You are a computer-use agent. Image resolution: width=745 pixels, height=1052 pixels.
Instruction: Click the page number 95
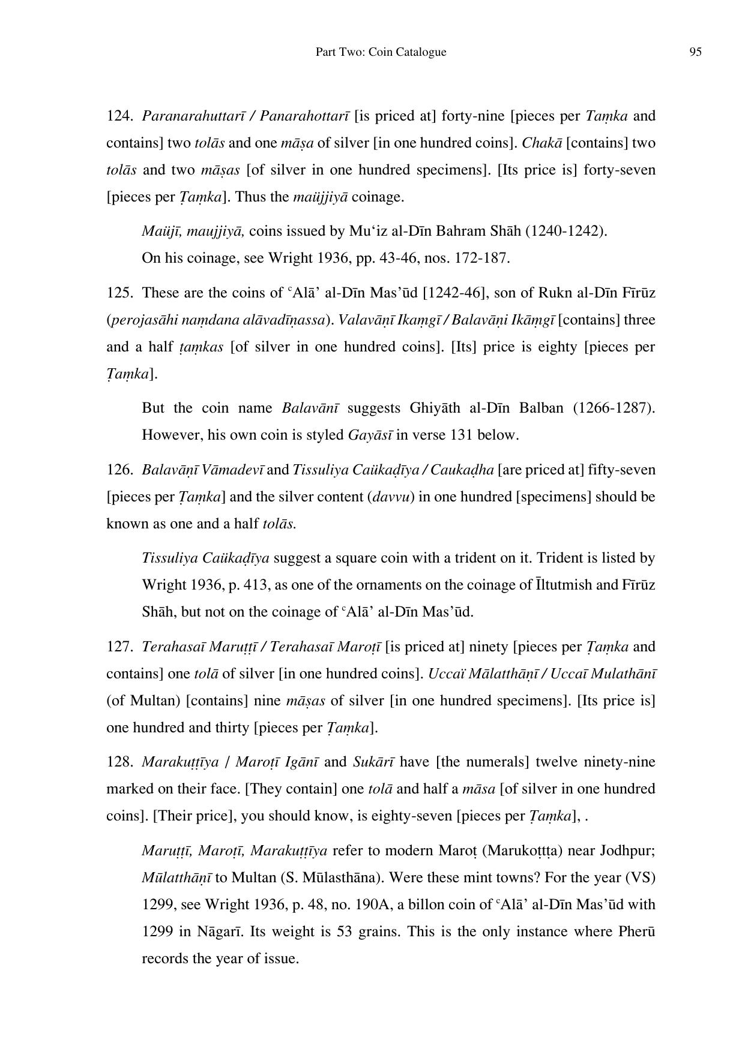point(695,52)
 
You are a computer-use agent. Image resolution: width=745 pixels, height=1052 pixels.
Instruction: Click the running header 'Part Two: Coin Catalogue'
point(381,52)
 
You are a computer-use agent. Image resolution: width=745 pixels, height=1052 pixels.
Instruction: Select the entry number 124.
point(119,116)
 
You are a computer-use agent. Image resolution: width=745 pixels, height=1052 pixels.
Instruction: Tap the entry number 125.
point(119,293)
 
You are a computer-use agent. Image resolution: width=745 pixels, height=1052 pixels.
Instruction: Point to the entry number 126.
point(119,470)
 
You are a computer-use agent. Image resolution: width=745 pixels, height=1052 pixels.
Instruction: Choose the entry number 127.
point(119,647)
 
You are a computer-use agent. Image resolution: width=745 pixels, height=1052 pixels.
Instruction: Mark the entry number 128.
point(119,762)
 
